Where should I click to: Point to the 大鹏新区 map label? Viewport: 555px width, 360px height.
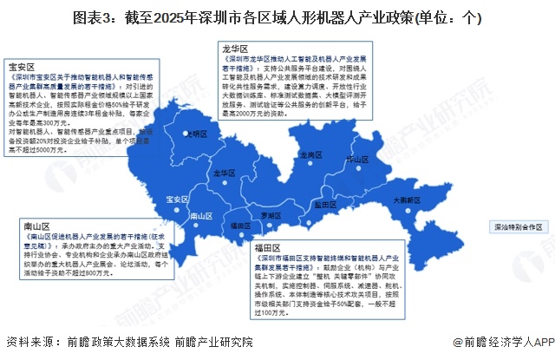[x=405, y=199]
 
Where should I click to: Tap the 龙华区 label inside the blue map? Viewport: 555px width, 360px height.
[x=225, y=173]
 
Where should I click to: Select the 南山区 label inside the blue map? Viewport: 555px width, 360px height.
[x=200, y=215]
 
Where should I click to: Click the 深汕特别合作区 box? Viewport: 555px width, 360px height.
[x=518, y=226]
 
